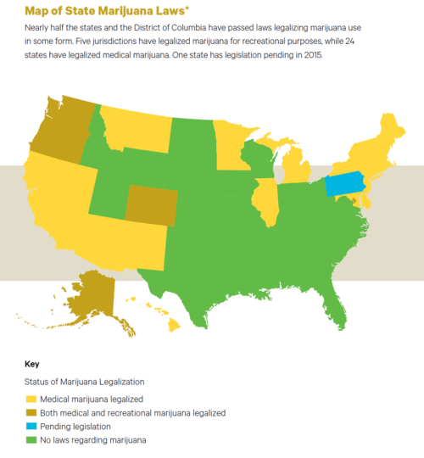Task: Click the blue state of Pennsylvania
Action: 343,184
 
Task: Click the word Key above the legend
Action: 31,364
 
